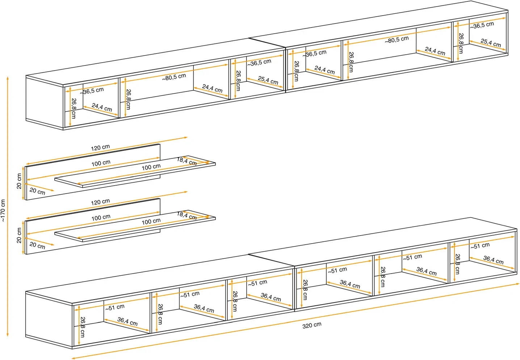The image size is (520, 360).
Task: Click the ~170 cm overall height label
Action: coord(3,210)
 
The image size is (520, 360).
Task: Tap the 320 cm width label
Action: coord(312,325)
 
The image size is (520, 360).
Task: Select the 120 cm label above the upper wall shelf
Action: coord(100,148)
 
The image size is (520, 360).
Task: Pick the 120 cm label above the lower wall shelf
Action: coord(100,202)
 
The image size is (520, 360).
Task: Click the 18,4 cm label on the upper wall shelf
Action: coord(187,161)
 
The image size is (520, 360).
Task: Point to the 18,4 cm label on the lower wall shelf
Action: coord(187,216)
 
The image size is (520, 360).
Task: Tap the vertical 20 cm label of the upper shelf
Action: coord(19,181)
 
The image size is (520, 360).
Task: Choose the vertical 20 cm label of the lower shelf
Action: coord(19,235)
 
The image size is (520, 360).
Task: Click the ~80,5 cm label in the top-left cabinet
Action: coord(174,77)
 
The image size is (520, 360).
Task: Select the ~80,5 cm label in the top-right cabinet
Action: coord(397,39)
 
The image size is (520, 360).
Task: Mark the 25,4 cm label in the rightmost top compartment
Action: coord(491,43)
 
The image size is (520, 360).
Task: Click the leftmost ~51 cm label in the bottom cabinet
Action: coord(115,308)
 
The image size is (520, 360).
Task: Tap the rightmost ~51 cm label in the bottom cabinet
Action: coord(480,246)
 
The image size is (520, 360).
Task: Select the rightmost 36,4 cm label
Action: coord(493,260)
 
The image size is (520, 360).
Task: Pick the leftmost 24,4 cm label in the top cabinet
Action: coord(102,107)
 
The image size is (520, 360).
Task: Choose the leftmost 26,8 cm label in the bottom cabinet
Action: coord(83,327)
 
